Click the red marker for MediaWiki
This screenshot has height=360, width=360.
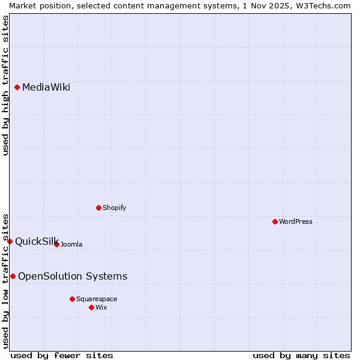click(x=17, y=88)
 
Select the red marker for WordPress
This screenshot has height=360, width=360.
click(x=275, y=222)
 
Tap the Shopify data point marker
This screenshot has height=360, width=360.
click(x=99, y=208)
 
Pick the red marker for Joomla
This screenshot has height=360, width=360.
click(x=57, y=244)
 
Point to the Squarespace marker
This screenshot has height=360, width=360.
click(x=73, y=299)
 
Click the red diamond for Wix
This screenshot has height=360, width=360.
click(x=92, y=307)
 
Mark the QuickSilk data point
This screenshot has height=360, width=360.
click(x=10, y=241)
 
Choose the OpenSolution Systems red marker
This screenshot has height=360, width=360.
click(x=13, y=277)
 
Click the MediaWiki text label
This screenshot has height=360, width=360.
click(x=46, y=88)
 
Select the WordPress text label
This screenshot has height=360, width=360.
click(x=296, y=222)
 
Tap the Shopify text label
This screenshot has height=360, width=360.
click(x=115, y=208)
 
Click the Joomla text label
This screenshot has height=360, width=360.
click(x=71, y=244)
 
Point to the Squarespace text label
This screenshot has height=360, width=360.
click(x=97, y=299)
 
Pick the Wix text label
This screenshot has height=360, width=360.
click(x=101, y=307)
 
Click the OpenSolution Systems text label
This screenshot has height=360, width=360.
click(x=73, y=277)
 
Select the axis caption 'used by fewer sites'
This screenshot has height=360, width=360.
click(x=62, y=355)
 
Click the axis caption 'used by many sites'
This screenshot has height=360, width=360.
click(x=301, y=355)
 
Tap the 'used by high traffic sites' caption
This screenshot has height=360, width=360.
click(x=5, y=85)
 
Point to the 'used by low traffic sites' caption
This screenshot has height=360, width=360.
click(x=5, y=280)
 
